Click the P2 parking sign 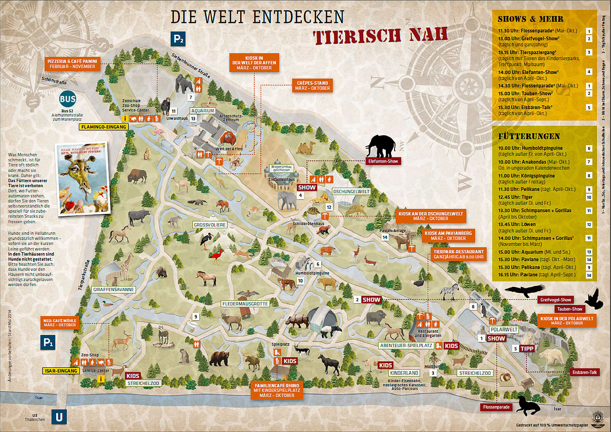pyautogui.click(x=178, y=39)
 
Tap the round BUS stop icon pyautogui.click(x=68, y=99)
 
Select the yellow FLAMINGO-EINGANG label pyautogui.click(x=104, y=127)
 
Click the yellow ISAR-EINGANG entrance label pyautogui.click(x=61, y=371)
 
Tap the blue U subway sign pyautogui.click(x=59, y=417)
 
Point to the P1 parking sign pyautogui.click(x=48, y=343)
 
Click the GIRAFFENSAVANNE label pyautogui.click(x=113, y=289)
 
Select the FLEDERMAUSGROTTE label pyautogui.click(x=245, y=304)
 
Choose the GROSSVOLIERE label pyautogui.click(x=210, y=225)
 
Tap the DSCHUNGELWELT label pyautogui.click(x=351, y=192)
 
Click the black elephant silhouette pyautogui.click(x=381, y=146)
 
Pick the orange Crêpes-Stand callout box pyautogui.click(x=312, y=85)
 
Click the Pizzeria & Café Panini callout pyautogui.click(x=72, y=64)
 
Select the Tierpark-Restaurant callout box pyautogui.click(x=459, y=254)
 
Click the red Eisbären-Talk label pyautogui.click(x=584, y=372)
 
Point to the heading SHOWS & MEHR pyautogui.click(x=530, y=19)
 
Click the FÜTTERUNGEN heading pyautogui.click(x=529, y=136)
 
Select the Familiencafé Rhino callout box pyautogui.click(x=277, y=390)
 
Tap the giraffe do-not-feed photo pyautogui.click(x=83, y=178)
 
